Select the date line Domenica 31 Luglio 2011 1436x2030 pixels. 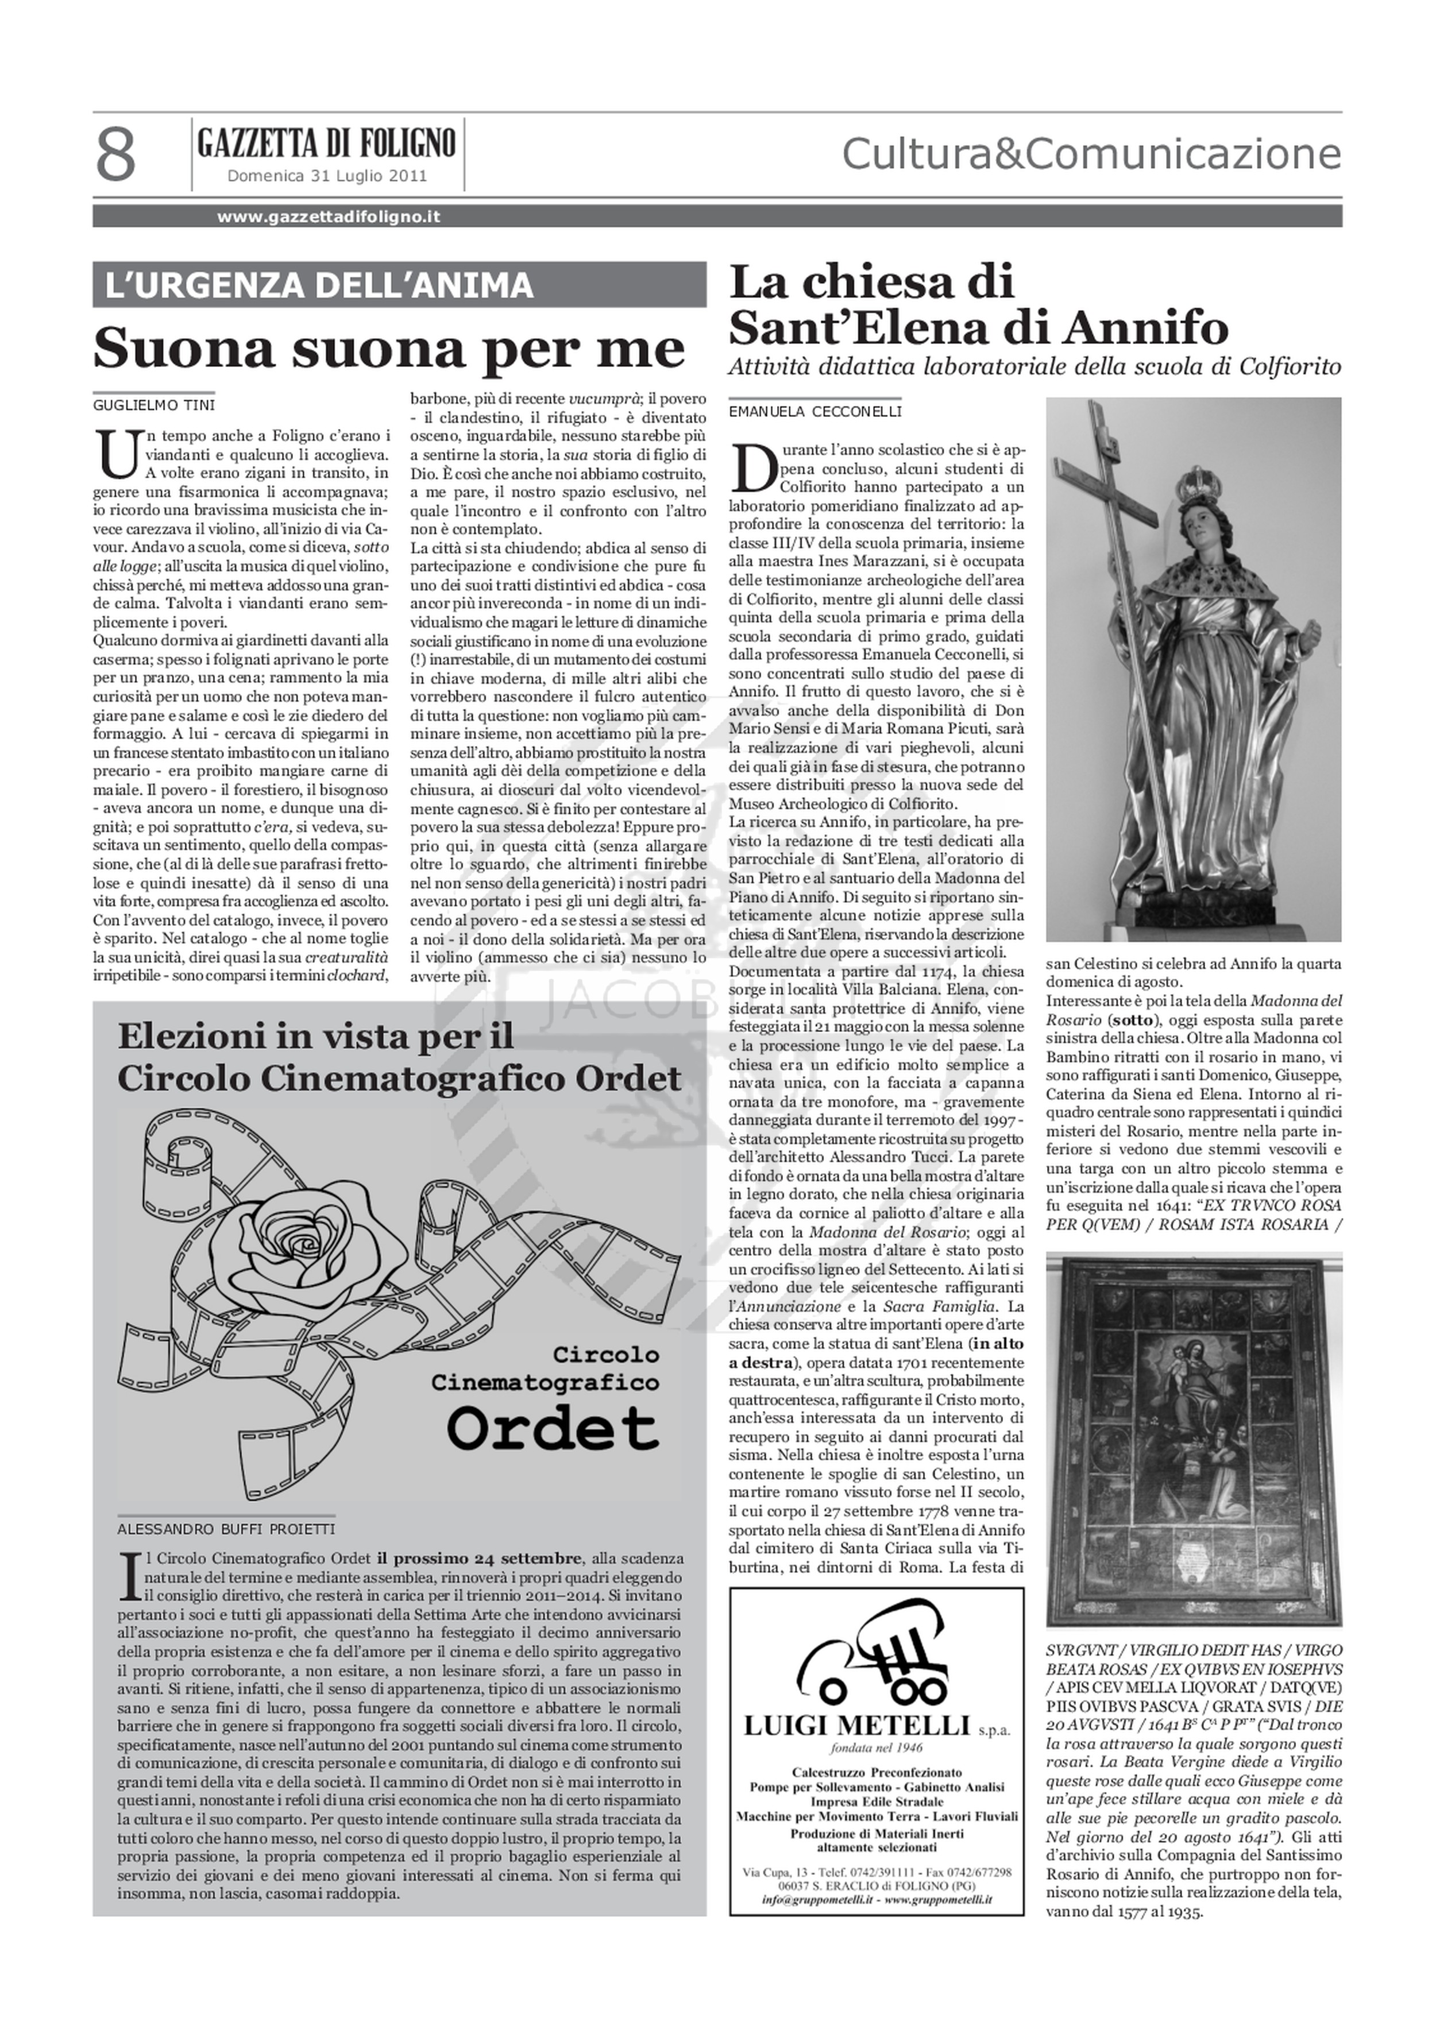[x=327, y=176]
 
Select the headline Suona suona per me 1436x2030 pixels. [x=389, y=347]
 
